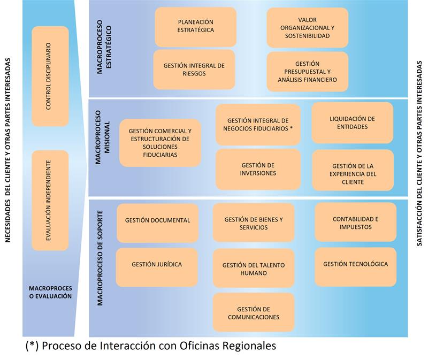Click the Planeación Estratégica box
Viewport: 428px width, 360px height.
195,26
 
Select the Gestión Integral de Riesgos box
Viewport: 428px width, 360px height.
194,70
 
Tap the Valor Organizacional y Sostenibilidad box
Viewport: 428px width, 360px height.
307,28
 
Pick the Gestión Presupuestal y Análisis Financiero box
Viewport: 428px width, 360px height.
307,72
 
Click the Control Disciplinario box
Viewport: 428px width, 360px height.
50,76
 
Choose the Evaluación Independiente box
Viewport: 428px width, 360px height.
50,200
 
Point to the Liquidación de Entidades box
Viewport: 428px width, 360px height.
352,122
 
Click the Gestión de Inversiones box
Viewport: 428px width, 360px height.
258,169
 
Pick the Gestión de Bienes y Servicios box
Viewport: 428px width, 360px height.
254,223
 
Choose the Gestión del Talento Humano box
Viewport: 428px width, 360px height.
254,268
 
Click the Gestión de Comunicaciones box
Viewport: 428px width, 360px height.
254,312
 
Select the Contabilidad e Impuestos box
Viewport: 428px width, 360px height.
355,223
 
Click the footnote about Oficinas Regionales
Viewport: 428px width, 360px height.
151,346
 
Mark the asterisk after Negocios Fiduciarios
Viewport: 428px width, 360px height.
291,128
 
